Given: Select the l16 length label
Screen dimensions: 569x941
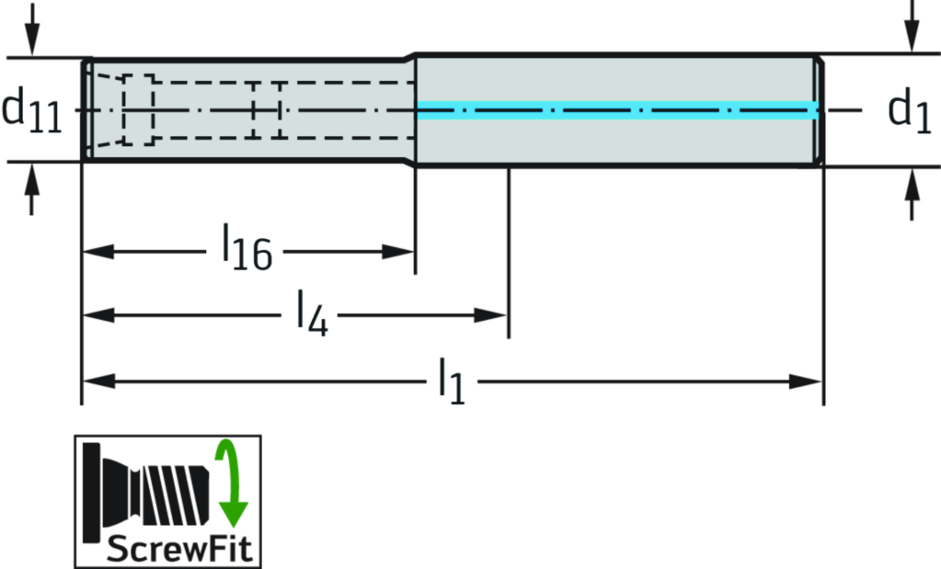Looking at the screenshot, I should pyautogui.click(x=245, y=246).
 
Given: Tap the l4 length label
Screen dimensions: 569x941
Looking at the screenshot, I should pyautogui.click(x=310, y=313).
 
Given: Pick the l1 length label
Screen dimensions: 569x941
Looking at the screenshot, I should pyautogui.click(x=452, y=381).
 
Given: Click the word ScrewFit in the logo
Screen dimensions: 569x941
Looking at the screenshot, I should pyautogui.click(x=178, y=550).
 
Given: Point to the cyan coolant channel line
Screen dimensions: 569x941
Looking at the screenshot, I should pyautogui.click(x=616, y=110).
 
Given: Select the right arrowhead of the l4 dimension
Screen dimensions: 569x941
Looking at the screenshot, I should pyautogui.click(x=492, y=315).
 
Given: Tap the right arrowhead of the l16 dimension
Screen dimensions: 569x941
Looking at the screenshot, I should pyautogui.click(x=398, y=250).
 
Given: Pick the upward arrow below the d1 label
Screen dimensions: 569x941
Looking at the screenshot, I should pyautogui.click(x=912, y=188).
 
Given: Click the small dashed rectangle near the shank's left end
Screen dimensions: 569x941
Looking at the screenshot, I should pyautogui.click(x=138, y=109).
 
